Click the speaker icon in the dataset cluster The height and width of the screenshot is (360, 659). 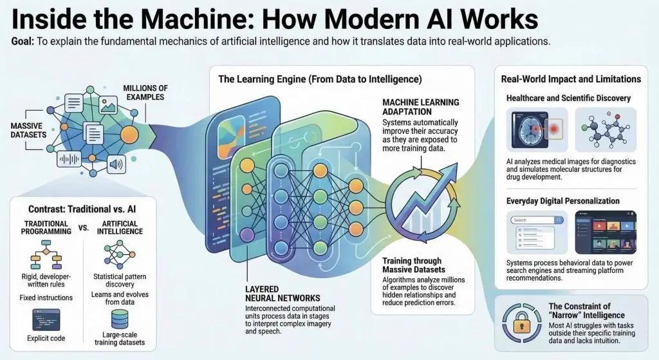(x=116, y=164)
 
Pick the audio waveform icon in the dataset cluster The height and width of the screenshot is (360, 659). (x=69, y=158)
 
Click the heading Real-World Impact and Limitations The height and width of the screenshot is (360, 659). (x=570, y=79)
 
